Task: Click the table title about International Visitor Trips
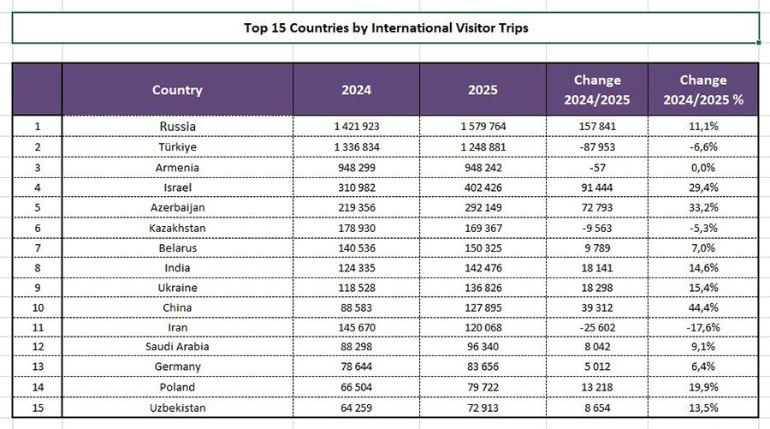386,27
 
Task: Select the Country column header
177,90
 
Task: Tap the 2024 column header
356,90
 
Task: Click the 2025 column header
483,90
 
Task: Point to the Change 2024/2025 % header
702,90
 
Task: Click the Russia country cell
177,126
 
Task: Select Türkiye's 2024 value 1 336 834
356,147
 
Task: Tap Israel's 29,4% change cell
702,187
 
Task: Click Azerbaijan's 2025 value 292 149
483,207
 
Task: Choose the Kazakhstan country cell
177,228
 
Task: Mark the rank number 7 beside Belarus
37,248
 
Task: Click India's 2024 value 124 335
356,268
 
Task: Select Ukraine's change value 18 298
597,289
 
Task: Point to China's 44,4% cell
702,307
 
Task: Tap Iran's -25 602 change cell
597,327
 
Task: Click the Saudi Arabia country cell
177,347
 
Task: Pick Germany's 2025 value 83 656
483,367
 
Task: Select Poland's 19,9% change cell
702,387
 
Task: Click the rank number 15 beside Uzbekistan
37,408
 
